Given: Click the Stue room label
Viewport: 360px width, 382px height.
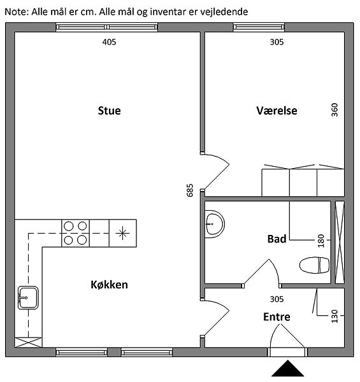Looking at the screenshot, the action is [109, 111].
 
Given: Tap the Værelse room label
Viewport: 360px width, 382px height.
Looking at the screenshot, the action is [277, 111].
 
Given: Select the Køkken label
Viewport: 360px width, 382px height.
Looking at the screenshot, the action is [109, 285].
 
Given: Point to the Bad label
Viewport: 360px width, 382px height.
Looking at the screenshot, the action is [277, 239].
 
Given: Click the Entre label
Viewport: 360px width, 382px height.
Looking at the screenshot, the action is [277, 316].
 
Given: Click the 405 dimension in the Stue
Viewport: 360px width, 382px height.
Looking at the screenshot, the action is [109, 42].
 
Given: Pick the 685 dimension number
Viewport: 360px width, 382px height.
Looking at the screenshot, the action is [190, 190].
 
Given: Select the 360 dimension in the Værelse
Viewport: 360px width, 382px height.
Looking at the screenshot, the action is [335, 110].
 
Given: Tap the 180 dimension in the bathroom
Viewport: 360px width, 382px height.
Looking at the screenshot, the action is [321, 241].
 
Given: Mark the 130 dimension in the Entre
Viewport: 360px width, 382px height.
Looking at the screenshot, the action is [335, 316].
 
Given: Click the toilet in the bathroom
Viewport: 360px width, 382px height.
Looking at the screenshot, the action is [314, 265].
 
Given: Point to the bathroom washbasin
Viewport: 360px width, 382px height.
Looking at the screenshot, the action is [215, 224].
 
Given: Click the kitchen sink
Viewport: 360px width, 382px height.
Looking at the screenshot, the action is [28, 298].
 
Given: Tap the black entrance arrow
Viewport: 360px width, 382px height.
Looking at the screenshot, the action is [288, 369].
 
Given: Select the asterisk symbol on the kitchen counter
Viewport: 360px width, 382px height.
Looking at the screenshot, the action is [122, 234].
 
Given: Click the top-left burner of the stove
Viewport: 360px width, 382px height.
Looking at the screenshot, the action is [68, 226].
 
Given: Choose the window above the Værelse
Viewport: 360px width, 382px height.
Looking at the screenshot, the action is [259, 27].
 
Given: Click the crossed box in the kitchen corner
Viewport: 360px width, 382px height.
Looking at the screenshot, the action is [29, 343].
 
